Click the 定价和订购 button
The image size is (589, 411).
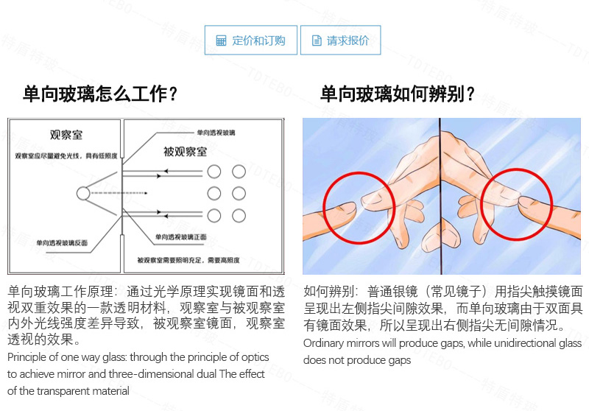(x=250, y=41)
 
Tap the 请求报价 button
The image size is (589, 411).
(x=340, y=41)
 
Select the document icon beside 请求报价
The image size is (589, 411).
(x=317, y=41)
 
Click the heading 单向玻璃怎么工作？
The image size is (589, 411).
(x=100, y=94)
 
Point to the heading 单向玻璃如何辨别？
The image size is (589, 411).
(x=398, y=94)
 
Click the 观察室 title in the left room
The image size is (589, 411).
(x=65, y=136)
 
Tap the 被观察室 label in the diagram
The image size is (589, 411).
(x=185, y=151)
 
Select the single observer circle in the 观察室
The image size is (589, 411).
(x=82, y=193)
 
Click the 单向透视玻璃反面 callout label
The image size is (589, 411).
(x=52, y=242)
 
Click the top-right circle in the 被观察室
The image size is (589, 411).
(x=239, y=172)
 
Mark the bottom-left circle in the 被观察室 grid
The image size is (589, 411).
(x=214, y=215)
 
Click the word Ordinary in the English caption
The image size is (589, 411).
(x=323, y=344)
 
